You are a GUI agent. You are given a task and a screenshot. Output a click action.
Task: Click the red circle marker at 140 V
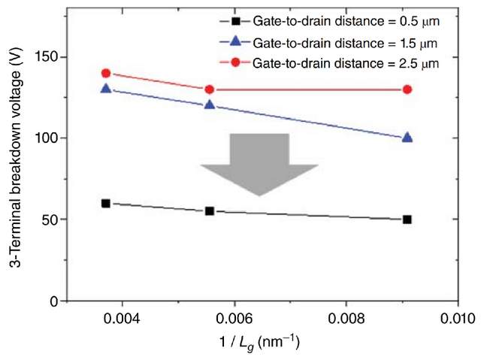point(106,74)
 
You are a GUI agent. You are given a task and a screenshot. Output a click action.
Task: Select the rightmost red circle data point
point(407,89)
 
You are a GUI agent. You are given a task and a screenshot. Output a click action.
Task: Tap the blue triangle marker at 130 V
point(106,89)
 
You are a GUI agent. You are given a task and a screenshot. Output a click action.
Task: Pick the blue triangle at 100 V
point(407,138)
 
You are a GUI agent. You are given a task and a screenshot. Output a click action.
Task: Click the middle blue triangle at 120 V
point(210,105)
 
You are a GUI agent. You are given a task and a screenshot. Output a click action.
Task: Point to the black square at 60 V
point(106,203)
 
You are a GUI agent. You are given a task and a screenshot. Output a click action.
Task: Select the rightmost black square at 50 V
point(407,219)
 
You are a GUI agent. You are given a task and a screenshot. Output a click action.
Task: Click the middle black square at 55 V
point(210,211)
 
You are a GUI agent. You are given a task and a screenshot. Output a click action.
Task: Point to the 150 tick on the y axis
point(50,57)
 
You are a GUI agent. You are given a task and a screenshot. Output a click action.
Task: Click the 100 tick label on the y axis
point(50,138)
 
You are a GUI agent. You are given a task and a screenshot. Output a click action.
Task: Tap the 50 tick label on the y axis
point(53,219)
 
